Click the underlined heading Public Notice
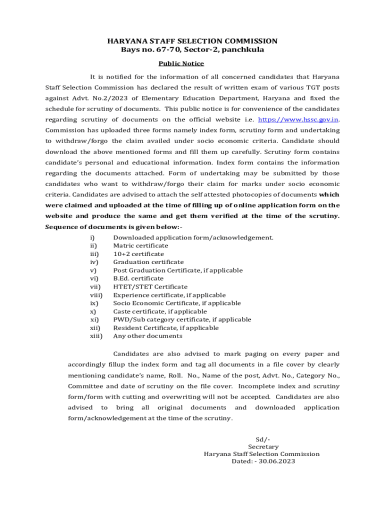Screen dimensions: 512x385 pyautogui.click(x=181, y=63)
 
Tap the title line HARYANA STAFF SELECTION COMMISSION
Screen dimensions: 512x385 pyautogui.click(x=192, y=41)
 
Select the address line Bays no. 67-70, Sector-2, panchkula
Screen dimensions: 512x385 pyautogui.click(x=192, y=50)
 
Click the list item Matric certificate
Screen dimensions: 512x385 pyautogui.click(x=140, y=245)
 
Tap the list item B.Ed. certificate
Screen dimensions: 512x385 pyautogui.click(x=138, y=278)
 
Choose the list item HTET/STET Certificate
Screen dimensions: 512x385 pyautogui.click(x=150, y=287)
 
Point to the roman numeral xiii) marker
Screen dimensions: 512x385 pyautogui.click(x=96, y=336)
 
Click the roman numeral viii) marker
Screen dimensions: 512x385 pyautogui.click(x=96, y=295)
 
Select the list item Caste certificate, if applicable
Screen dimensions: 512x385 pyautogui.click(x=159, y=311)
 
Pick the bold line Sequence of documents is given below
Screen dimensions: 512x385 pyautogui.click(x=113, y=226)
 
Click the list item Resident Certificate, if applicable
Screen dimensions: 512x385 pyautogui.click(x=165, y=328)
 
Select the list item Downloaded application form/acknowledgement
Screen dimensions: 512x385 pyautogui.click(x=193, y=237)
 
